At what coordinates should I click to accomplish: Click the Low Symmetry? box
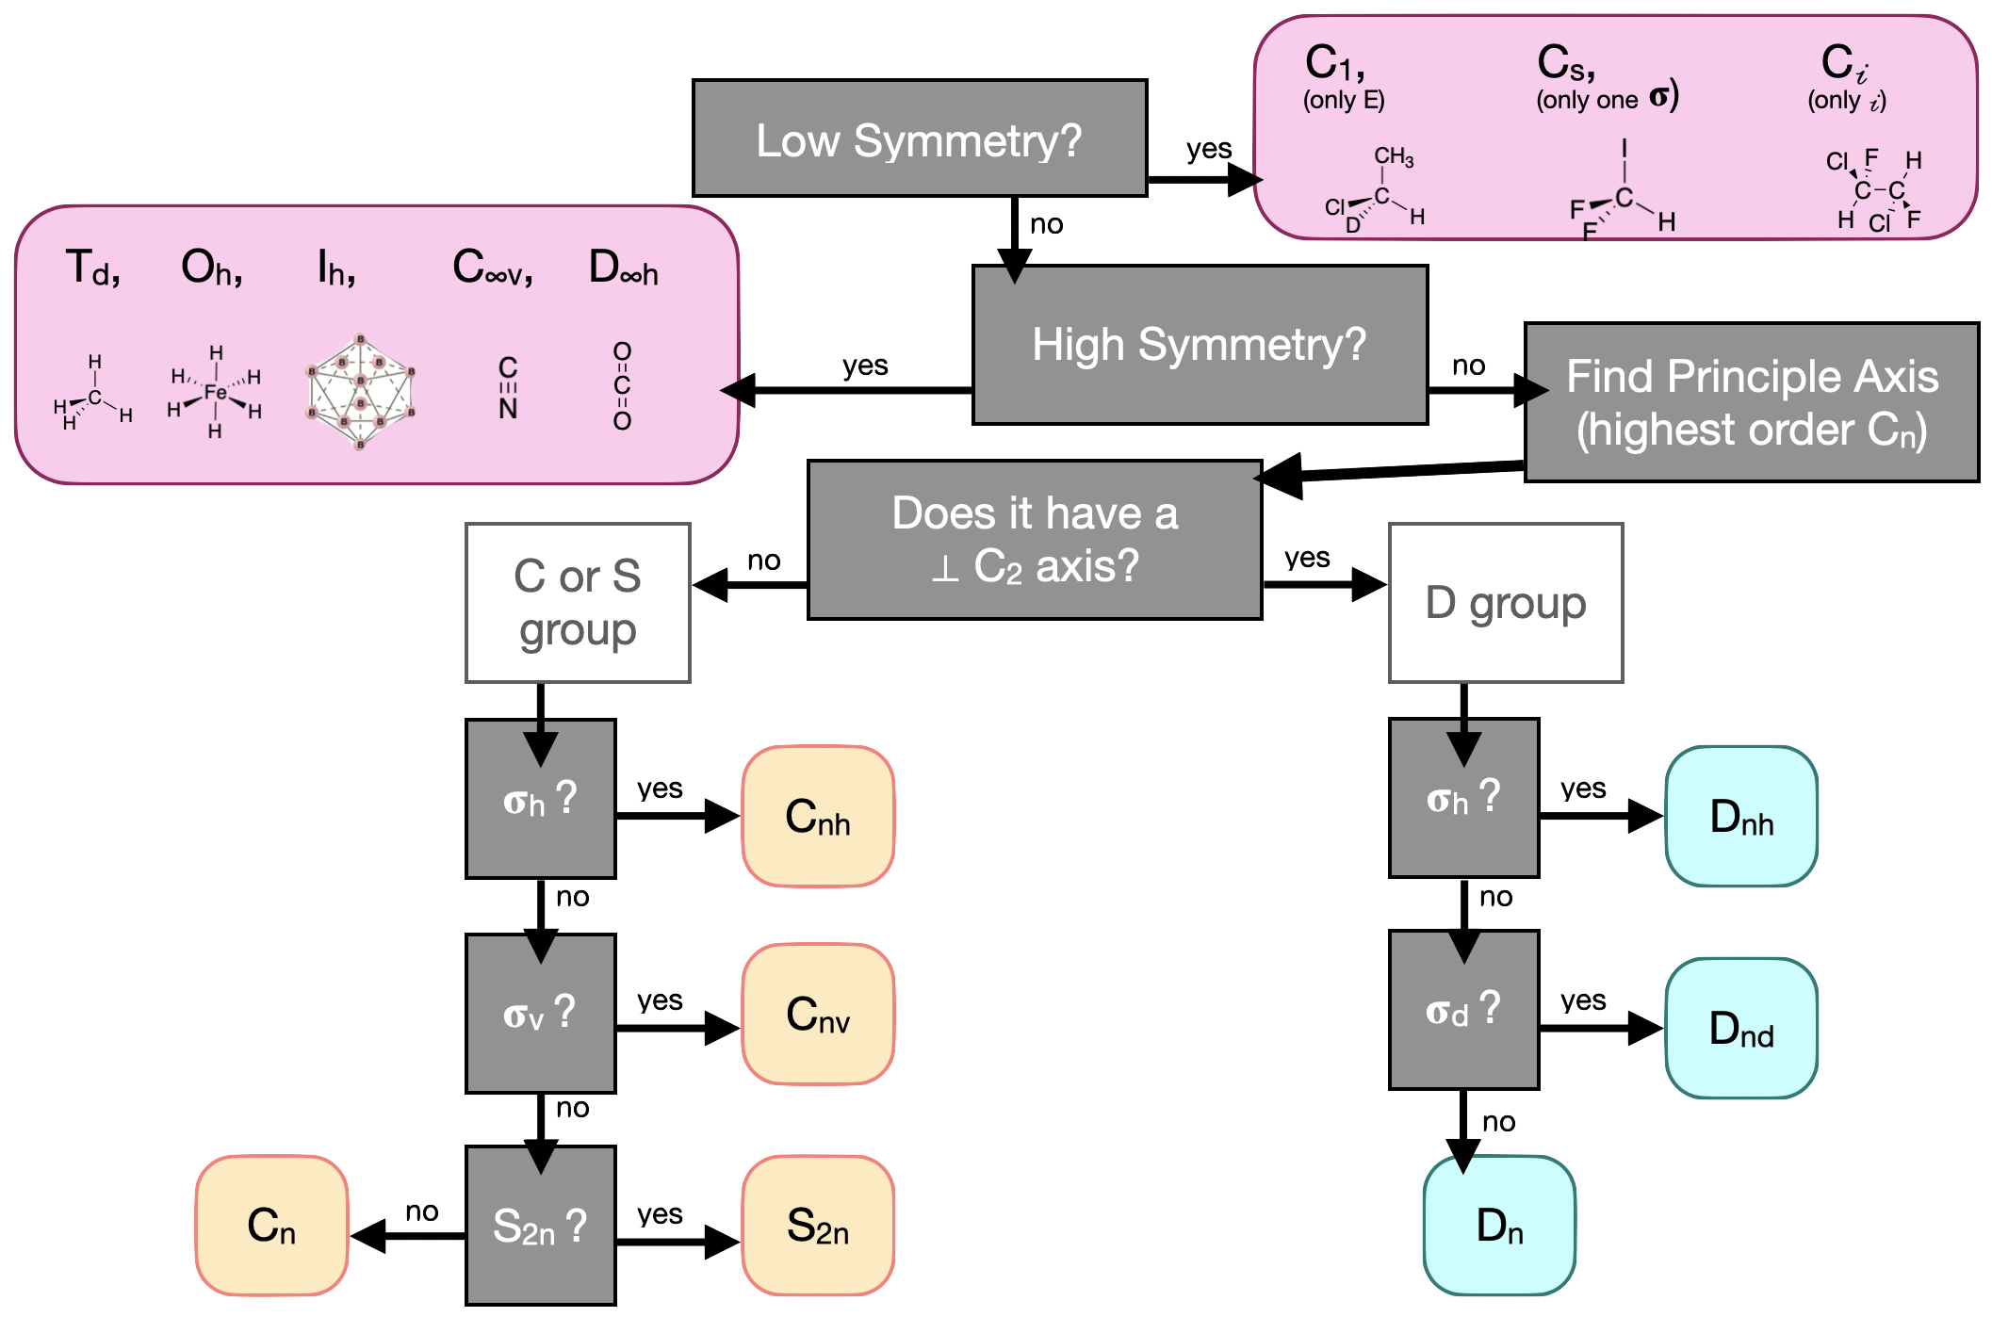[920, 138]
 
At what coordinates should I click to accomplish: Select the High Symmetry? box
[1199, 345]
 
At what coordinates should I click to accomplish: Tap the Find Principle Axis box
[1751, 402]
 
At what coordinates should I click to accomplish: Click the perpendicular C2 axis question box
[1035, 540]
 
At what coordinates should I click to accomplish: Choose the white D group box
[1506, 603]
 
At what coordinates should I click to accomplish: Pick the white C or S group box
[578, 603]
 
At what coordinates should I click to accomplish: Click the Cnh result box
[818, 817]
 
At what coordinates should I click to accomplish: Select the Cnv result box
[818, 1015]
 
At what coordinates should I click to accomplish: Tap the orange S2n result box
[818, 1227]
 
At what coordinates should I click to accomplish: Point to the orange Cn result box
[271, 1227]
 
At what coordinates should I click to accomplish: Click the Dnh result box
[1741, 817]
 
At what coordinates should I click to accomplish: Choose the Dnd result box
[1741, 1029]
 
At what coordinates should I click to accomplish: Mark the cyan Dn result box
[1499, 1227]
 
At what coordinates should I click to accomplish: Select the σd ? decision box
[1463, 1010]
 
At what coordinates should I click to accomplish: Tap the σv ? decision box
[540, 1014]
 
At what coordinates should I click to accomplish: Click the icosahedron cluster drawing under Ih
[360, 391]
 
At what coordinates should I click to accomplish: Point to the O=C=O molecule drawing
[622, 386]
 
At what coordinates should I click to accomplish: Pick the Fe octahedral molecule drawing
[216, 392]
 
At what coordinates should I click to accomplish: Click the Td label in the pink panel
[92, 268]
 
